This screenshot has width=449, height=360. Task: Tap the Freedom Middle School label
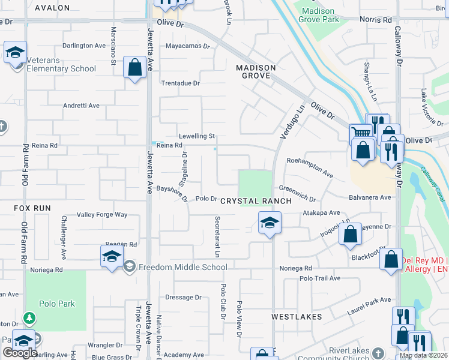pyautogui.click(x=182, y=267)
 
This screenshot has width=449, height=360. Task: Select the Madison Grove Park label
pyautogui.click(x=321, y=15)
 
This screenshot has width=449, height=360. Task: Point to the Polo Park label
pyautogui.click(x=59, y=304)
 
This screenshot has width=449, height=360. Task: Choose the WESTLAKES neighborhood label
pyautogui.click(x=297, y=316)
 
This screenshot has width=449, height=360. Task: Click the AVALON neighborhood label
pyautogui.click(x=52, y=8)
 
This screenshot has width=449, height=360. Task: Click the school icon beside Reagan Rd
pyautogui.click(x=112, y=257)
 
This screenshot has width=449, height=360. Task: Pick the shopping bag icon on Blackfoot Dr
pyautogui.click(x=391, y=259)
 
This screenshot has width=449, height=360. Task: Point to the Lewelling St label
pyautogui.click(x=196, y=136)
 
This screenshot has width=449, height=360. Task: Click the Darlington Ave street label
pyautogui.click(x=84, y=46)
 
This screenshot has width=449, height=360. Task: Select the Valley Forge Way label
pyautogui.click(x=103, y=214)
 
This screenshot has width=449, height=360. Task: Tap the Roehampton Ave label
pyautogui.click(x=309, y=166)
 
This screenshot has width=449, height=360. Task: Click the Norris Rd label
pyautogui.click(x=376, y=19)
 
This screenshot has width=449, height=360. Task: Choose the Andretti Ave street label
pyautogui.click(x=81, y=106)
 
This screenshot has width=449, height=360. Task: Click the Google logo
pyautogui.click(x=20, y=353)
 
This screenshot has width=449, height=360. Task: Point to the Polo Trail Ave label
pyautogui.click(x=320, y=278)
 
